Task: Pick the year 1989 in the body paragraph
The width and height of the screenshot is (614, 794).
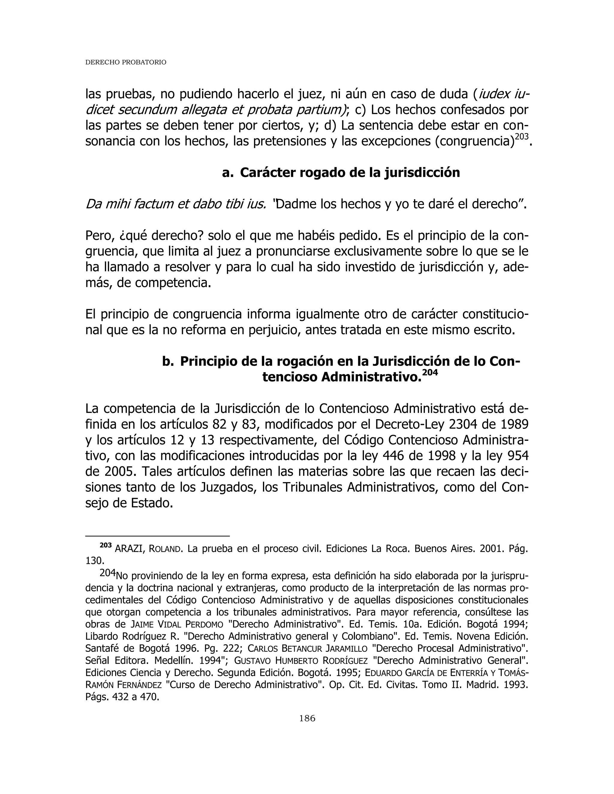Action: (x=513, y=424)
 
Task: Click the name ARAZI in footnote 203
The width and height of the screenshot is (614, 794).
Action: (x=130, y=549)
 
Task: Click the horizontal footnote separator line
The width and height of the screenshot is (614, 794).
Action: (x=157, y=536)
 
